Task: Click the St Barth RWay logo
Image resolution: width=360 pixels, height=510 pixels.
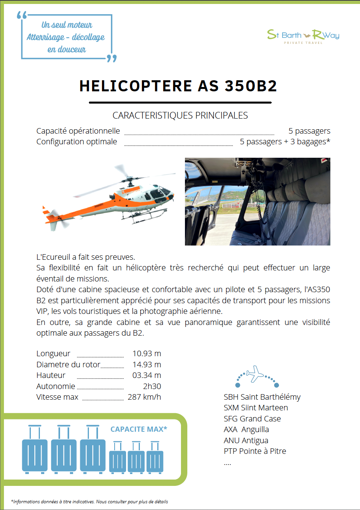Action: (x=303, y=36)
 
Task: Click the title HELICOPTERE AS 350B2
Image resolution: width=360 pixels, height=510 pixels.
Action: (x=178, y=86)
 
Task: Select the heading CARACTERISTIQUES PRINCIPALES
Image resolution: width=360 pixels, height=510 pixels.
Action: (x=180, y=115)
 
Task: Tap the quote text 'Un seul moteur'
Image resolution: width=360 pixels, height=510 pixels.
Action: (x=67, y=25)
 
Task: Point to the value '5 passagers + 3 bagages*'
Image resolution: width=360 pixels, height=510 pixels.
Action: (x=285, y=142)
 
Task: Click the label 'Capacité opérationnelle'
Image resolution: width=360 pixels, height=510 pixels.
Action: (x=78, y=131)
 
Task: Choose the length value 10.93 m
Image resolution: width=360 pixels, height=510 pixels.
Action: (x=147, y=353)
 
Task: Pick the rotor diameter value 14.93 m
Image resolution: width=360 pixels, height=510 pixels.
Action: (x=147, y=364)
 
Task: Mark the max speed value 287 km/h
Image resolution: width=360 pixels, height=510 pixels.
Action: (x=144, y=397)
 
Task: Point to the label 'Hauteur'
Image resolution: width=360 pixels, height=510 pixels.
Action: (x=51, y=375)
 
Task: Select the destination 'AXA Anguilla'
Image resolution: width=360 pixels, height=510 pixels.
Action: (x=246, y=429)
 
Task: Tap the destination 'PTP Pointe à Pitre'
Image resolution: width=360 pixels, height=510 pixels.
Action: (x=255, y=451)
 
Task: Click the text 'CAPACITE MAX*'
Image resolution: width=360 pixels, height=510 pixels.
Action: (x=139, y=429)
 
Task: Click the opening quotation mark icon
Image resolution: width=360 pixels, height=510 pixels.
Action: (x=22, y=16)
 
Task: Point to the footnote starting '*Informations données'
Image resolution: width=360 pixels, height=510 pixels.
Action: (x=89, y=502)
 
